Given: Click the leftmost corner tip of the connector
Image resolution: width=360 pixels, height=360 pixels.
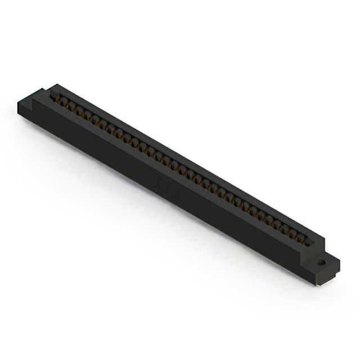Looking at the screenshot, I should click(x=17, y=102).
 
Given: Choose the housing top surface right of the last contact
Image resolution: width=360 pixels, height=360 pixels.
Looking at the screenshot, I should click(x=315, y=238).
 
